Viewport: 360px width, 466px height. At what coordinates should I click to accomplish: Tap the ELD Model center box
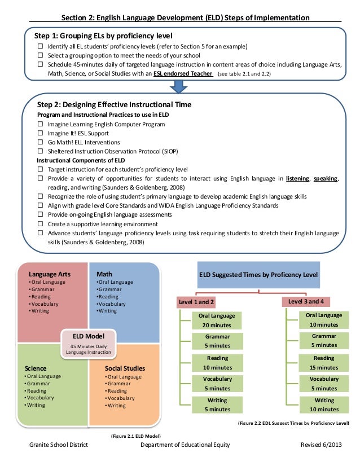tap(88, 344)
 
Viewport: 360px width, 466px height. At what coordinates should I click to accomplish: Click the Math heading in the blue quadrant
tap(104, 274)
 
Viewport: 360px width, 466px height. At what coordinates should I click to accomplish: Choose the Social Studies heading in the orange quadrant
tap(125, 368)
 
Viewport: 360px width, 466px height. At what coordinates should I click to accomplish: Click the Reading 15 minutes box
tap(324, 362)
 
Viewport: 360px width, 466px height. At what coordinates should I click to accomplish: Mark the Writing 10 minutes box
tap(324, 405)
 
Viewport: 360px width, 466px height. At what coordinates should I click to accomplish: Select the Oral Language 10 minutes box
tap(324, 320)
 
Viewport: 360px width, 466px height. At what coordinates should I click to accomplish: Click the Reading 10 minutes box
tap(217, 363)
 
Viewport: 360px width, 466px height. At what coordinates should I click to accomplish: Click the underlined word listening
tap(297, 178)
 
